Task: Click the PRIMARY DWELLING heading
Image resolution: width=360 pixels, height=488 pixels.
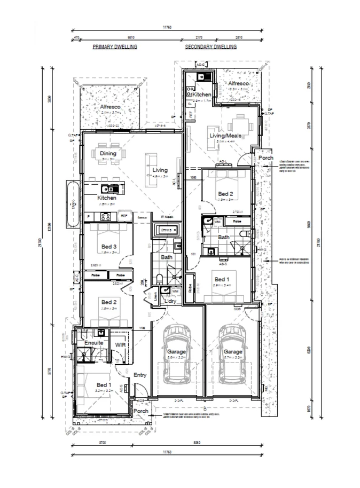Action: click(115, 47)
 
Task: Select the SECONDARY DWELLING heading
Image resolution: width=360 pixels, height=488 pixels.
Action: click(211, 47)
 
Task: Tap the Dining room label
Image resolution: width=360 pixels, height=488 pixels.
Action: click(108, 154)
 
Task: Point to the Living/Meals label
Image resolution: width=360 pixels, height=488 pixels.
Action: click(223, 136)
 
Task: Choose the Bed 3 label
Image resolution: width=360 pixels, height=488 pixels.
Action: click(109, 247)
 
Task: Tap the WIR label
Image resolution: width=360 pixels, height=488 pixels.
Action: click(120, 346)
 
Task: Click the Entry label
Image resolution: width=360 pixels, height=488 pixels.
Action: click(139, 375)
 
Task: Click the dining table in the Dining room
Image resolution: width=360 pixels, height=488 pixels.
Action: click(108, 166)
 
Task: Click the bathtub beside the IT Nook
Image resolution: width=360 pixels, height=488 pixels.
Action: click(166, 231)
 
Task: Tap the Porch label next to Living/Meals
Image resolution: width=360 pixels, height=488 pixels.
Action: click(265, 158)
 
